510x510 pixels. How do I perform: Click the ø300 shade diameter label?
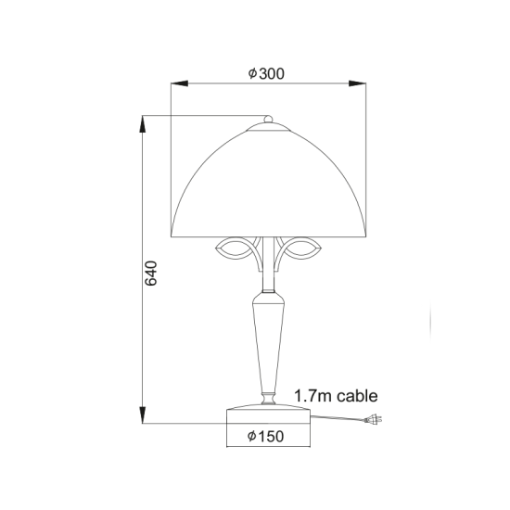click(x=266, y=74)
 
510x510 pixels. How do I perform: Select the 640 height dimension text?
click(x=155, y=273)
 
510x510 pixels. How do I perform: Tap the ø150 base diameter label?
click(x=266, y=436)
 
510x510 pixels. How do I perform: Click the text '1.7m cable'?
click(x=336, y=396)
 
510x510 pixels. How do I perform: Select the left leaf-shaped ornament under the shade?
click(x=236, y=249)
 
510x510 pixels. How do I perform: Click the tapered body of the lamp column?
click(x=267, y=343)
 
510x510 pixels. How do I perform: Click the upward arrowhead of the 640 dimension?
click(x=143, y=121)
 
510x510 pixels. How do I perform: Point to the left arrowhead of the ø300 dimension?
click(x=176, y=84)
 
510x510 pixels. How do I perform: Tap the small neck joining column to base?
click(x=267, y=399)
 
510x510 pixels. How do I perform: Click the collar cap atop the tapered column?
click(x=267, y=298)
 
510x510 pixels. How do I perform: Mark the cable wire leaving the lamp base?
click(x=334, y=420)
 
